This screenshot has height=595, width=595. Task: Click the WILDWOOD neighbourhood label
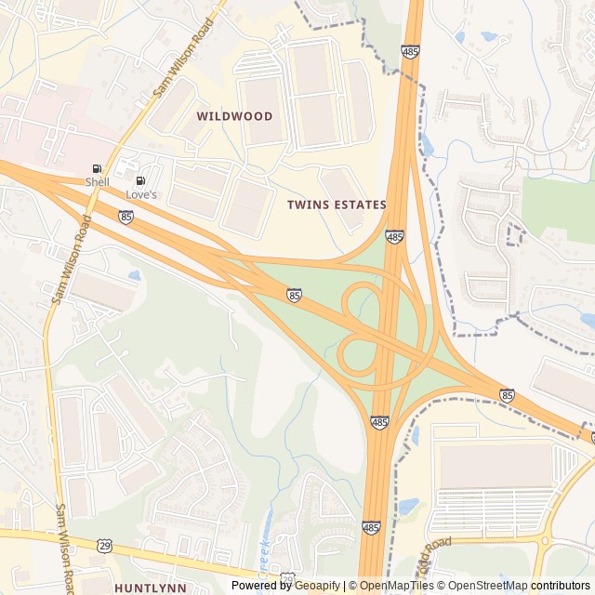point(234,116)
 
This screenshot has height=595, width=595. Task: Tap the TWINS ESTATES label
point(336,205)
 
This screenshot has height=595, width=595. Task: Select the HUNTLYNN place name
point(150,588)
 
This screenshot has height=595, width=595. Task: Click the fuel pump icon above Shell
point(97,169)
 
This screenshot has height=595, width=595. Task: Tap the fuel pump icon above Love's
point(140,181)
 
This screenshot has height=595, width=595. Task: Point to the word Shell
point(97,182)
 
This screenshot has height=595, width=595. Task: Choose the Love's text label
point(141,194)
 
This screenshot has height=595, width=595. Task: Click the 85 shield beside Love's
point(126,217)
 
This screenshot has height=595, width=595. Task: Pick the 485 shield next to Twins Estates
point(395,238)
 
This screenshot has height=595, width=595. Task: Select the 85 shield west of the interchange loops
point(294,295)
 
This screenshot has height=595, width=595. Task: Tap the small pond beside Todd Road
point(408,507)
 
